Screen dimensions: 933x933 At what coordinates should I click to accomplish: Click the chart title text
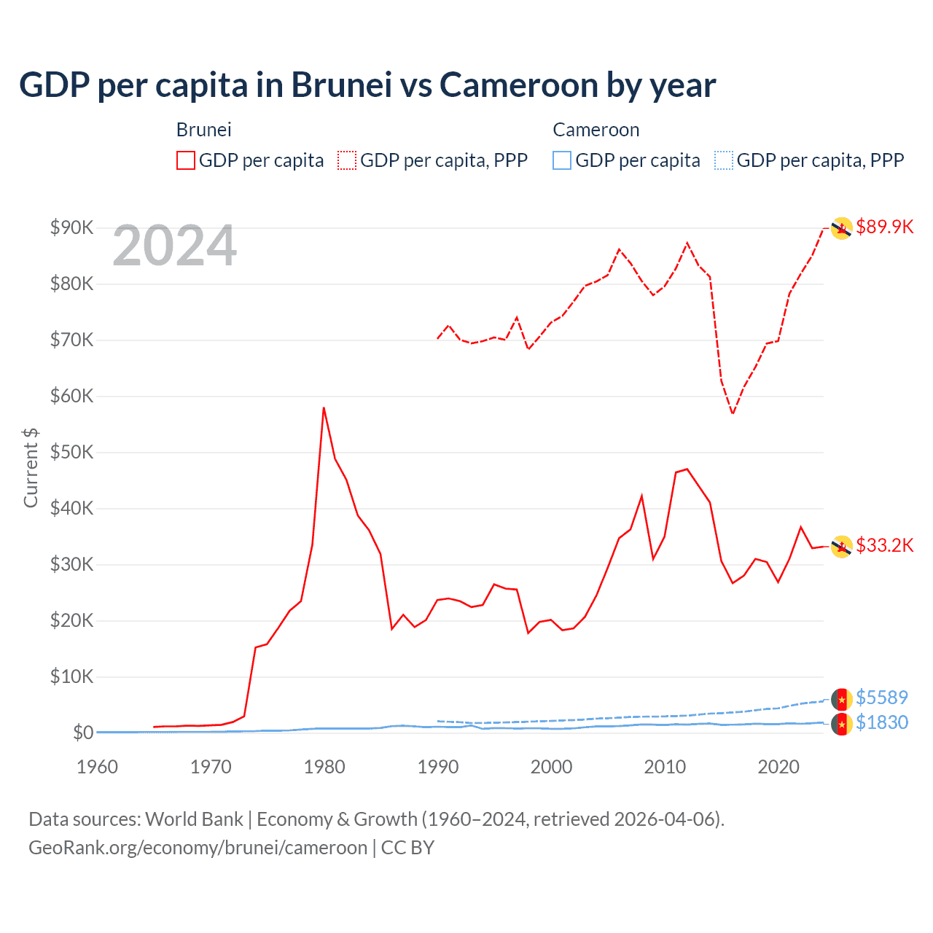(x=367, y=85)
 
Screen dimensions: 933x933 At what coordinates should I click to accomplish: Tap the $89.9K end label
(x=884, y=227)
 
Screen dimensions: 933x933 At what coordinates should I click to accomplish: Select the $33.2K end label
(x=884, y=545)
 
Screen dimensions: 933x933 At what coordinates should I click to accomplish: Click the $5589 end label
(x=881, y=698)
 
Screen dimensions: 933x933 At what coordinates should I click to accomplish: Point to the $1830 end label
(x=881, y=722)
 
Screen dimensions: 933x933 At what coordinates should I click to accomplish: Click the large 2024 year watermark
(x=175, y=246)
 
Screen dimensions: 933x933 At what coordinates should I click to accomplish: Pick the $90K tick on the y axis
(x=72, y=227)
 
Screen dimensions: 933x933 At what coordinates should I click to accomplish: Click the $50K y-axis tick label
(x=72, y=452)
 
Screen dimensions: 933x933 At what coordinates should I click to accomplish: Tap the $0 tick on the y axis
(x=82, y=733)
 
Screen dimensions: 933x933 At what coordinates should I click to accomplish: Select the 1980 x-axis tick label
(x=324, y=767)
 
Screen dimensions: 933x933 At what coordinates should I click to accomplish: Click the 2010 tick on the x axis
(x=665, y=767)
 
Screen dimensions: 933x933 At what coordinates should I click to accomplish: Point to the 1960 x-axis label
(x=98, y=767)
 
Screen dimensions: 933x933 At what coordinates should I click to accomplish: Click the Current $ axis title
(x=31, y=468)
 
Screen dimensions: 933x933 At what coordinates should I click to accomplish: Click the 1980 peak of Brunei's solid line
(x=324, y=408)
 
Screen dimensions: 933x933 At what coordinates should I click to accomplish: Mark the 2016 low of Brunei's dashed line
(x=733, y=413)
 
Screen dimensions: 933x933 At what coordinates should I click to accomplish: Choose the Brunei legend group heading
(x=204, y=130)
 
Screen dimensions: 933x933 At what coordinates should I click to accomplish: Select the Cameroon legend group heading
(x=596, y=130)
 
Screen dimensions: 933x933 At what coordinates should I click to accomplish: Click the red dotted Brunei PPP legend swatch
(x=347, y=160)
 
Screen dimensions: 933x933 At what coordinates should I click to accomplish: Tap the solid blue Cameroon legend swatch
(x=562, y=160)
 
